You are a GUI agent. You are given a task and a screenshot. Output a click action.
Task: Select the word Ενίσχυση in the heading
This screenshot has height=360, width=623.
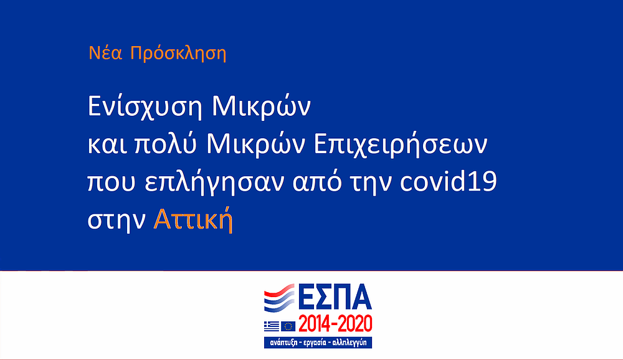tap(145, 107)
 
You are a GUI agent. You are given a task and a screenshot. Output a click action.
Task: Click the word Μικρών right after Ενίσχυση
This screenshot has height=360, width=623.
tap(261, 107)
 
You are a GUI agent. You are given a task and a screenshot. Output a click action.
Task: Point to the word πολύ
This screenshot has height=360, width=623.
tap(166, 144)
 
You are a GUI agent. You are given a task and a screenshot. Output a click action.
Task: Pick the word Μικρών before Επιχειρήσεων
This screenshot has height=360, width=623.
tap(256, 144)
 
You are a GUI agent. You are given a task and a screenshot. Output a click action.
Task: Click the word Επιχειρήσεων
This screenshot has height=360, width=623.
tap(401, 145)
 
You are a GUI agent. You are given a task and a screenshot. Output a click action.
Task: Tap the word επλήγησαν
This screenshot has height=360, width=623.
tap(214, 182)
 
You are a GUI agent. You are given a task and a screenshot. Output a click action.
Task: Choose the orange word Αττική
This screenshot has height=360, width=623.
tap(193, 219)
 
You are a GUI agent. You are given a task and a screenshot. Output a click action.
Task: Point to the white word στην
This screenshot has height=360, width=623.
tap(117, 220)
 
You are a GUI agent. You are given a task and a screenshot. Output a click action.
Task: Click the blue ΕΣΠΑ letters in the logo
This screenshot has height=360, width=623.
tap(335, 297)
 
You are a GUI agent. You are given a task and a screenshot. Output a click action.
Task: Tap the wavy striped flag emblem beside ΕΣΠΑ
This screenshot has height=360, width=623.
tap(279, 298)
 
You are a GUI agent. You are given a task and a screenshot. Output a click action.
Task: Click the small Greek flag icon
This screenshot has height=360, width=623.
tap(272, 326)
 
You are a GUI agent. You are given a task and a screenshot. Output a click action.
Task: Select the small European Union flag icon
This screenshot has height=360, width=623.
tap(288, 326)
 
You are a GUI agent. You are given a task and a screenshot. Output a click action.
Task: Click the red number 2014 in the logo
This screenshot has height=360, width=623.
tap(314, 324)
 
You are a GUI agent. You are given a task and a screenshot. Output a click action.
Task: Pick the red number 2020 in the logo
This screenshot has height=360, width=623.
tap(356, 324)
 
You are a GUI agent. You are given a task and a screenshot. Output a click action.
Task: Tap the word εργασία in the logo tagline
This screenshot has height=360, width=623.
tap(315, 343)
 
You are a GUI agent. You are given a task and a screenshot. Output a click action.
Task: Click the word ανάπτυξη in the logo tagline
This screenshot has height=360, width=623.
tap(283, 343)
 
